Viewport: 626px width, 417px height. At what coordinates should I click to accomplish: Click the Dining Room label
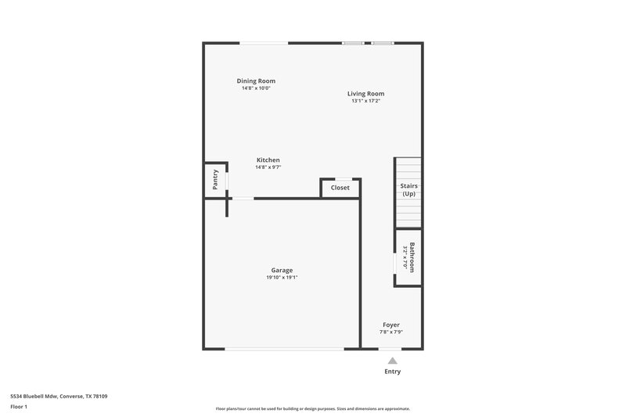click(x=256, y=81)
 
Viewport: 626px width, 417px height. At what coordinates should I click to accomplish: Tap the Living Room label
click(x=366, y=94)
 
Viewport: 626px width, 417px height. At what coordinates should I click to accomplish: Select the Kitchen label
click(x=268, y=160)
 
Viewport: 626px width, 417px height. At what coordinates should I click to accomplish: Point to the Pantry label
click(x=215, y=179)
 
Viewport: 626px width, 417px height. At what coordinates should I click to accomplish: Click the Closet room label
click(x=340, y=188)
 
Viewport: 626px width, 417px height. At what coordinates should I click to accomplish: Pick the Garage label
click(x=282, y=270)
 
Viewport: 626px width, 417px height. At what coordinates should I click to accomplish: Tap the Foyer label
click(x=391, y=325)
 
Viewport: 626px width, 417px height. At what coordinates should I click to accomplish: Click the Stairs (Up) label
click(x=408, y=190)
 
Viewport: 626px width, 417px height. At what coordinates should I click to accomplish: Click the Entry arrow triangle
click(x=392, y=361)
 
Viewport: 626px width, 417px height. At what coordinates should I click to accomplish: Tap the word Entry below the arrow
click(x=392, y=372)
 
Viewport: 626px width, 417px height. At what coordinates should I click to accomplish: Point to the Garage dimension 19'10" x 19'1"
click(x=282, y=277)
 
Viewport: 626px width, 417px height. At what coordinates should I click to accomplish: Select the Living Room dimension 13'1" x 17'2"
click(x=366, y=101)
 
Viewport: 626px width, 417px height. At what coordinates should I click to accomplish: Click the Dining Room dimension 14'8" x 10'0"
click(x=256, y=88)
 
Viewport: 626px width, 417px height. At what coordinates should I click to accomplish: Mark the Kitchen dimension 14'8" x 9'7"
click(x=268, y=167)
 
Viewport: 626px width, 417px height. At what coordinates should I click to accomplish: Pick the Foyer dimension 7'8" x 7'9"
click(x=391, y=333)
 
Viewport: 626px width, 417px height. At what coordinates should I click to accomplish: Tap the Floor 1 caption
click(x=18, y=407)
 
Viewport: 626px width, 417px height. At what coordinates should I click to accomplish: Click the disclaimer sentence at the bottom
click(x=312, y=408)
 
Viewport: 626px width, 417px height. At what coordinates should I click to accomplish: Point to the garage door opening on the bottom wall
click(x=283, y=349)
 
